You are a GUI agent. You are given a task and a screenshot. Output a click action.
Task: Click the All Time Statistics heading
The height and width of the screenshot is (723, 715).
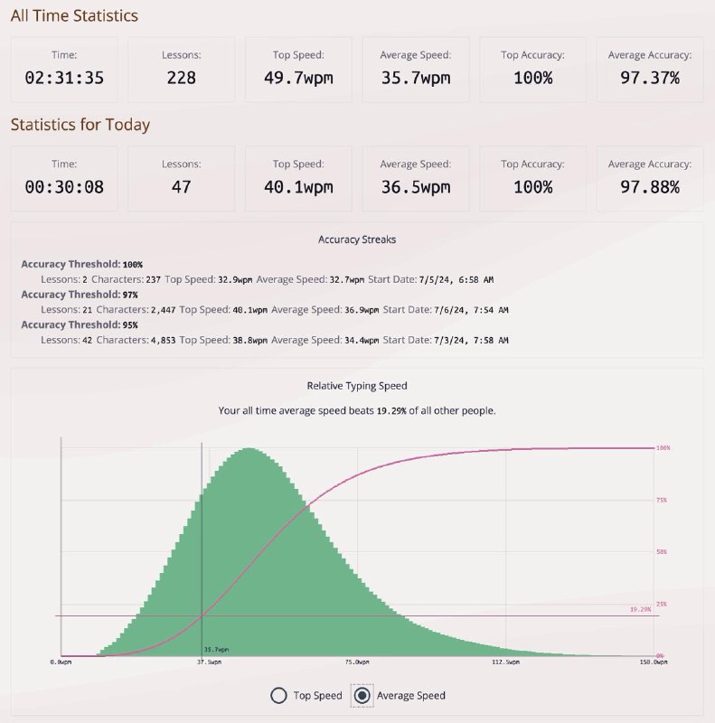(x=74, y=15)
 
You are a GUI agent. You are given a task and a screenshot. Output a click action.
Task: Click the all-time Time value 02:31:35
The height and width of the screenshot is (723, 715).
(x=64, y=78)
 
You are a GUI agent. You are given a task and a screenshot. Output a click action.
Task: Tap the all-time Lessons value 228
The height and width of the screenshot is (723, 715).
(x=181, y=78)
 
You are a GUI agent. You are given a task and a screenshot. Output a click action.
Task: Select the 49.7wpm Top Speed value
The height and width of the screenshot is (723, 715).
(x=298, y=78)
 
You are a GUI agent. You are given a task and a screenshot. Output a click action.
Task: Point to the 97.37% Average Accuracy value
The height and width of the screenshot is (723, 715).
(x=650, y=78)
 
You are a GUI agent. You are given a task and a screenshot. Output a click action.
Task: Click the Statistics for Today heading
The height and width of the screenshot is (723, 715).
(x=80, y=125)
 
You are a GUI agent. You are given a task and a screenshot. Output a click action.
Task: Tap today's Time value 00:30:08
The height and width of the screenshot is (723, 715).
(x=64, y=187)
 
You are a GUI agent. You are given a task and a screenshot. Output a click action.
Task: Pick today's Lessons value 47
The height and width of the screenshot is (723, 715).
(x=181, y=187)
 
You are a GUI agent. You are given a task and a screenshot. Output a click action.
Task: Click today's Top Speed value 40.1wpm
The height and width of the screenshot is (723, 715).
(x=298, y=187)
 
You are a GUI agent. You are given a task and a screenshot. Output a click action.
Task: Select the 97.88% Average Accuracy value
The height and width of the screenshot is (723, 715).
(x=650, y=187)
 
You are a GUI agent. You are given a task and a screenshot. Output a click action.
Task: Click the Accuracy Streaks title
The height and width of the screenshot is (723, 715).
(x=357, y=239)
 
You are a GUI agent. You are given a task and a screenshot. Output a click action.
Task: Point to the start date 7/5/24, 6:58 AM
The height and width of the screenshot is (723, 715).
(x=456, y=280)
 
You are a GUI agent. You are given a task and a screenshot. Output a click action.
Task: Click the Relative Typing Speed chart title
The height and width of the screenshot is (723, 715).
(x=357, y=386)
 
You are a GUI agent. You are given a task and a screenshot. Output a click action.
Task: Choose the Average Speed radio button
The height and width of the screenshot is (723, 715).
(x=363, y=695)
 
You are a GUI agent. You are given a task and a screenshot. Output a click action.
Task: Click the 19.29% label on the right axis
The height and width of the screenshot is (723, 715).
(x=640, y=610)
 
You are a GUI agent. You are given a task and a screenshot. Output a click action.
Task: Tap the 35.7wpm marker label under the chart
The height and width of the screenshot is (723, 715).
(x=216, y=650)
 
